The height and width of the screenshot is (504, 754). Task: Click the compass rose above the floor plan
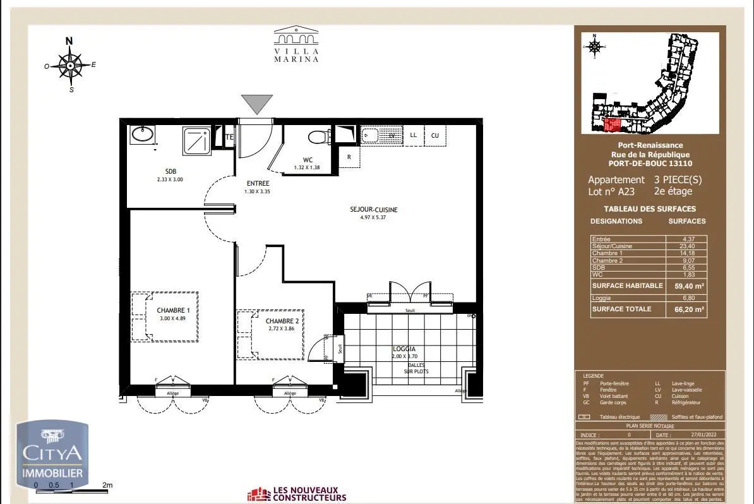[71, 64]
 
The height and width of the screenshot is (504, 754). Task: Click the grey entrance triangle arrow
[257, 104]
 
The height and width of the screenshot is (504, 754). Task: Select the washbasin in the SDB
[142, 135]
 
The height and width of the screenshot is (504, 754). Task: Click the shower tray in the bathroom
[196, 140]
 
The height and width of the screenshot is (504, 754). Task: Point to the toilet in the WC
[317, 137]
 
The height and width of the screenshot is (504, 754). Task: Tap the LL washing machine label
[413, 135]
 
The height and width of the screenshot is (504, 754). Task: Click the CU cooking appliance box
[435, 135]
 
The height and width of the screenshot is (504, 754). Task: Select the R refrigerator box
[349, 157]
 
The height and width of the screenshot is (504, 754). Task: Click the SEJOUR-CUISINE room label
[374, 210]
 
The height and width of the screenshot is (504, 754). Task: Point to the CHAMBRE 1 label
[173, 310]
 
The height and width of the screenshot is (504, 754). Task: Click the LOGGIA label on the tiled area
[404, 349]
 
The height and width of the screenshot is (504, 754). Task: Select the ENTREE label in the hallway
[257, 184]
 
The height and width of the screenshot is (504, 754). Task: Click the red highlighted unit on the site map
[611, 125]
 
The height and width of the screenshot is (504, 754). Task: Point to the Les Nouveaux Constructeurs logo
[297, 493]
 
